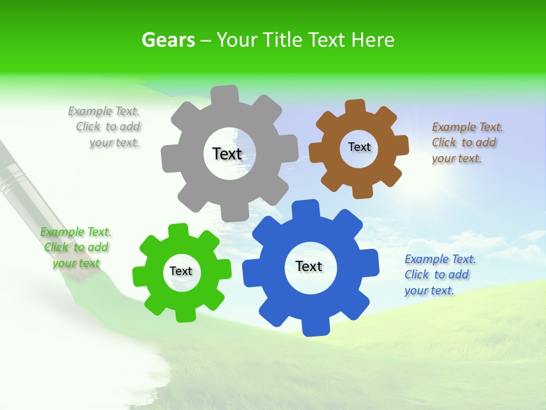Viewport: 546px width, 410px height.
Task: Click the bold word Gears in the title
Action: click(168, 40)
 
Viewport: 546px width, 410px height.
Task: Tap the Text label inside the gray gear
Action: click(227, 154)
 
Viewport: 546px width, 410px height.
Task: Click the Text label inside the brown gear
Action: click(359, 147)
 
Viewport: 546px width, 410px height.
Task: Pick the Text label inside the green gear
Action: click(181, 271)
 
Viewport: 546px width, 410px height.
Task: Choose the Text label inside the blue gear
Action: click(309, 266)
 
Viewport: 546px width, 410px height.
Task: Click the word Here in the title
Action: click(373, 40)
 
